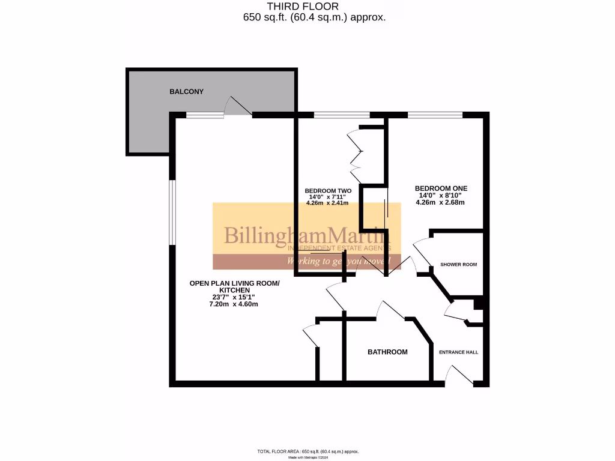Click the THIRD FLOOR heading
[x=307, y=7]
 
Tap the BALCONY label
[x=186, y=92]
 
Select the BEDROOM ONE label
[x=441, y=188]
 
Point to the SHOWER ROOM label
[x=458, y=265]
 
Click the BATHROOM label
[x=387, y=352]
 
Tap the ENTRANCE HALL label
[x=458, y=352]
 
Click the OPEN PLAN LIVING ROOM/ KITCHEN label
[x=234, y=287]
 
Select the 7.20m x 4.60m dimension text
[x=233, y=304]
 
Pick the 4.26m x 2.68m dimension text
[x=440, y=202]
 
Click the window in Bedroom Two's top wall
[x=341, y=115]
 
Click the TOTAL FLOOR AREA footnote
[x=307, y=451]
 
